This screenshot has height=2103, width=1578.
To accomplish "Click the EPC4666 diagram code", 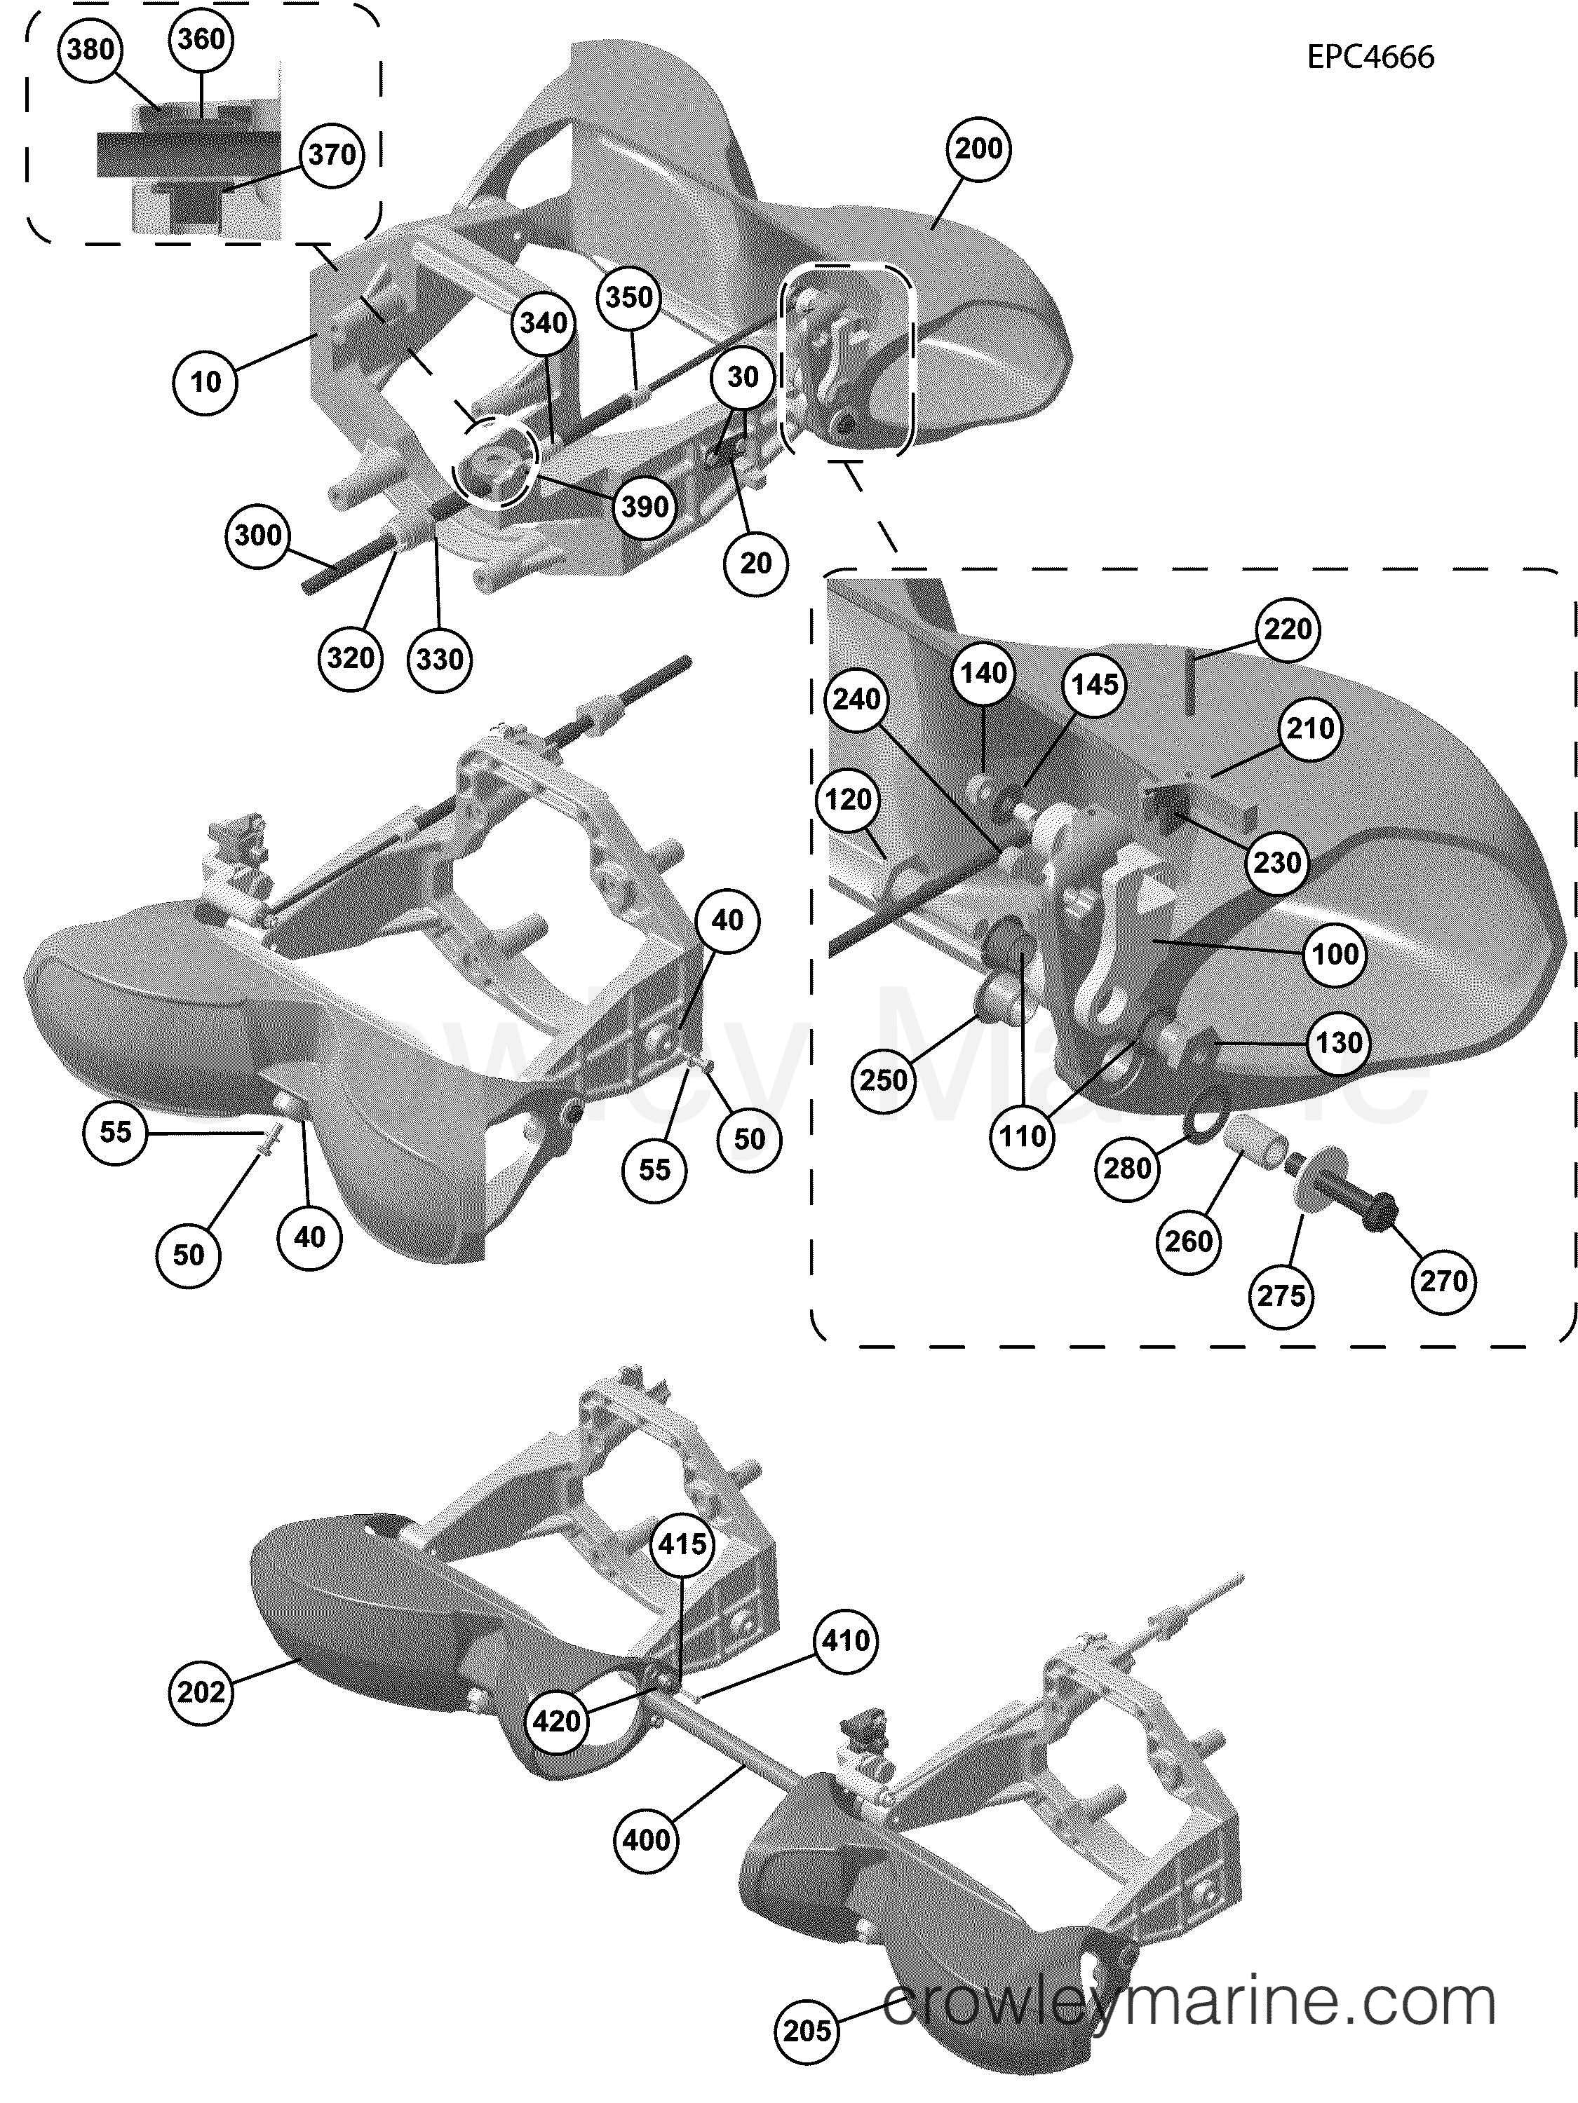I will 1370,57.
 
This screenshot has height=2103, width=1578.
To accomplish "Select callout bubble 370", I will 332,154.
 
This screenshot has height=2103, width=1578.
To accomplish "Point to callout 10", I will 205,382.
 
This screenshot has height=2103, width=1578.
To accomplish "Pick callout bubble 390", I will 645,506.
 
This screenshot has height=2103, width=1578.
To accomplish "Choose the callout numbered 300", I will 259,536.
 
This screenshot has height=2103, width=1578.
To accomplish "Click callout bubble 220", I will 1288,629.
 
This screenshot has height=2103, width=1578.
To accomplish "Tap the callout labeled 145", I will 1095,684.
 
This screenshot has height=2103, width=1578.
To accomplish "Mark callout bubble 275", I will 1281,1296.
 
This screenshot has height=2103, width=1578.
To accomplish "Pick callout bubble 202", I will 203,1692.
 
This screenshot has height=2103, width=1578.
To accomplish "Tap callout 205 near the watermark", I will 807,2031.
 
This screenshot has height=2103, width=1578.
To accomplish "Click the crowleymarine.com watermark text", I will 1189,2004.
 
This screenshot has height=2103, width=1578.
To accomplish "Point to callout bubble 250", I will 884,1080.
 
